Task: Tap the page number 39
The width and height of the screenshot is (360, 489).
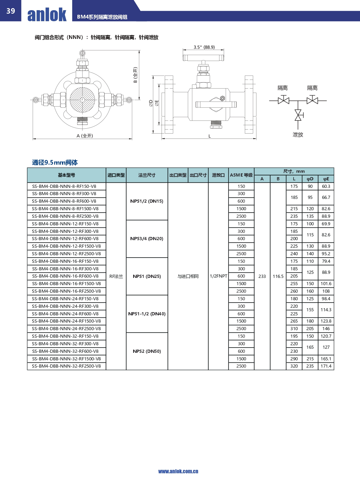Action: pos(11,11)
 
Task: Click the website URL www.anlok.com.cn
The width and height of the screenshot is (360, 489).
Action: pos(178,471)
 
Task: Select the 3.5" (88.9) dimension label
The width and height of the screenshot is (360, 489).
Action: pos(204,47)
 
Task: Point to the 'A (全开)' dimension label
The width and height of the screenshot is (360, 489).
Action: pos(85,136)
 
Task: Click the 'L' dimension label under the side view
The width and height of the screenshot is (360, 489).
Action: pos(209,136)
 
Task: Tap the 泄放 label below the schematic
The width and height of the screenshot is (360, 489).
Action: pos(298,134)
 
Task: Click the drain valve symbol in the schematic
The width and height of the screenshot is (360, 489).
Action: pos(298,115)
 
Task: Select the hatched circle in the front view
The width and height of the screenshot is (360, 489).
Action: pos(82,100)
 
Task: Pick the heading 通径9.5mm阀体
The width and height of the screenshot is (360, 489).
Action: pos(55,162)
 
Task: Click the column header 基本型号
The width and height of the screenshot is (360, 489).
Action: pos(66,175)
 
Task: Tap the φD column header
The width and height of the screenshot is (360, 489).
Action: pos(310,179)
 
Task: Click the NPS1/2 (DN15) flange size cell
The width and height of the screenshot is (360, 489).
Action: pos(147,201)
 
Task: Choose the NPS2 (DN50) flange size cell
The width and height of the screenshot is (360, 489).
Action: pos(147,351)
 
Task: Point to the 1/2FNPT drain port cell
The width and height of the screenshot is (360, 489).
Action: pos(218,276)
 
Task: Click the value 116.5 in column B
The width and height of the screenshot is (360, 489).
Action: pos(278,276)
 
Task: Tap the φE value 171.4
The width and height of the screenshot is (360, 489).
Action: pos(326,366)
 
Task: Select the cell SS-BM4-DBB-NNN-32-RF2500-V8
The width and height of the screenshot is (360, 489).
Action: pos(66,366)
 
